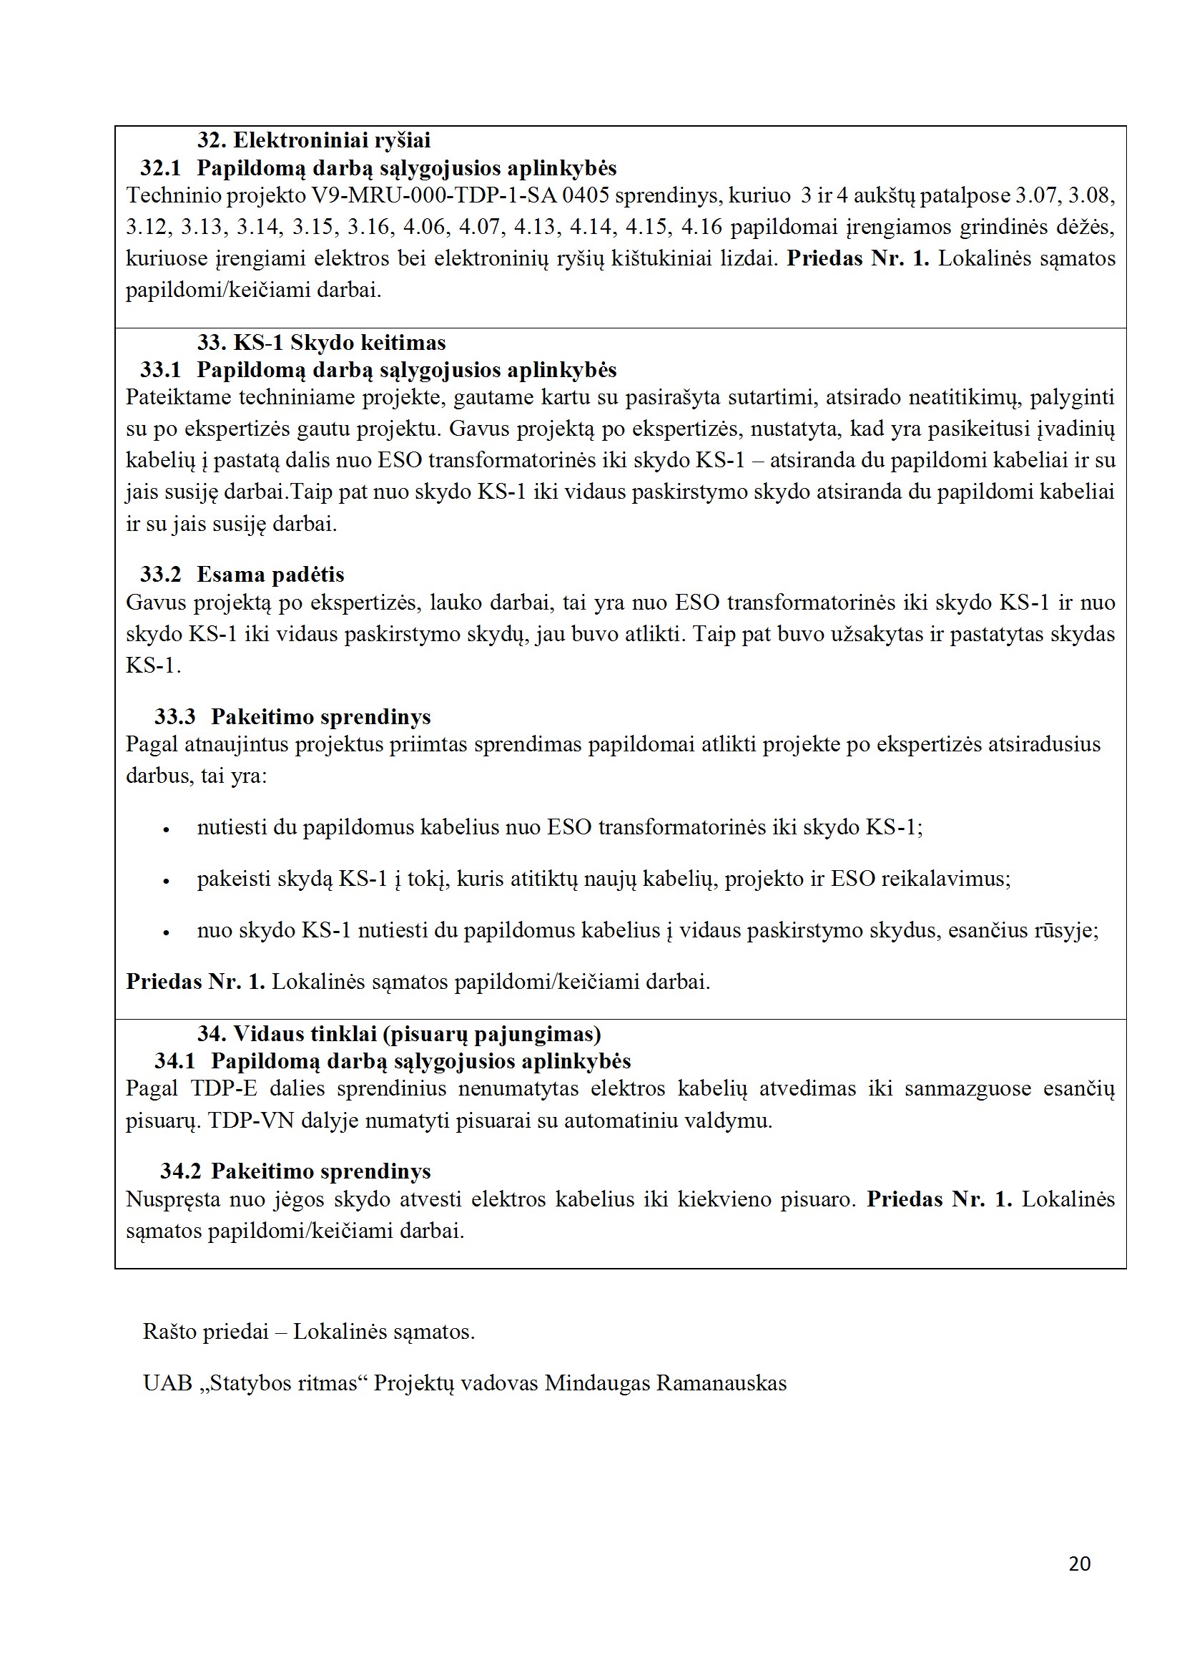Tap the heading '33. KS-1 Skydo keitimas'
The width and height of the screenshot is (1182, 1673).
pyautogui.click(x=321, y=342)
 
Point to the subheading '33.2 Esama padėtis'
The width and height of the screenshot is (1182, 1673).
pyautogui.click(x=242, y=574)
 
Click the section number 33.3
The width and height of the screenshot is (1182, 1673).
pyautogui.click(x=174, y=716)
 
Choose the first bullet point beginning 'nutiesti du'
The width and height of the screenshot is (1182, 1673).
pyautogui.click(x=559, y=827)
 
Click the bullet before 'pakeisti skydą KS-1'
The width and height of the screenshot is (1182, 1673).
pyautogui.click(x=166, y=881)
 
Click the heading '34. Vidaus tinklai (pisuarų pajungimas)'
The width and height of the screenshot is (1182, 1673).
pyautogui.click(x=399, y=1033)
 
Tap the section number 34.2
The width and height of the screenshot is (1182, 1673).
pyautogui.click(x=181, y=1171)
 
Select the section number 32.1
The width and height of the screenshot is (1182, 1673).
pyautogui.click(x=160, y=167)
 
